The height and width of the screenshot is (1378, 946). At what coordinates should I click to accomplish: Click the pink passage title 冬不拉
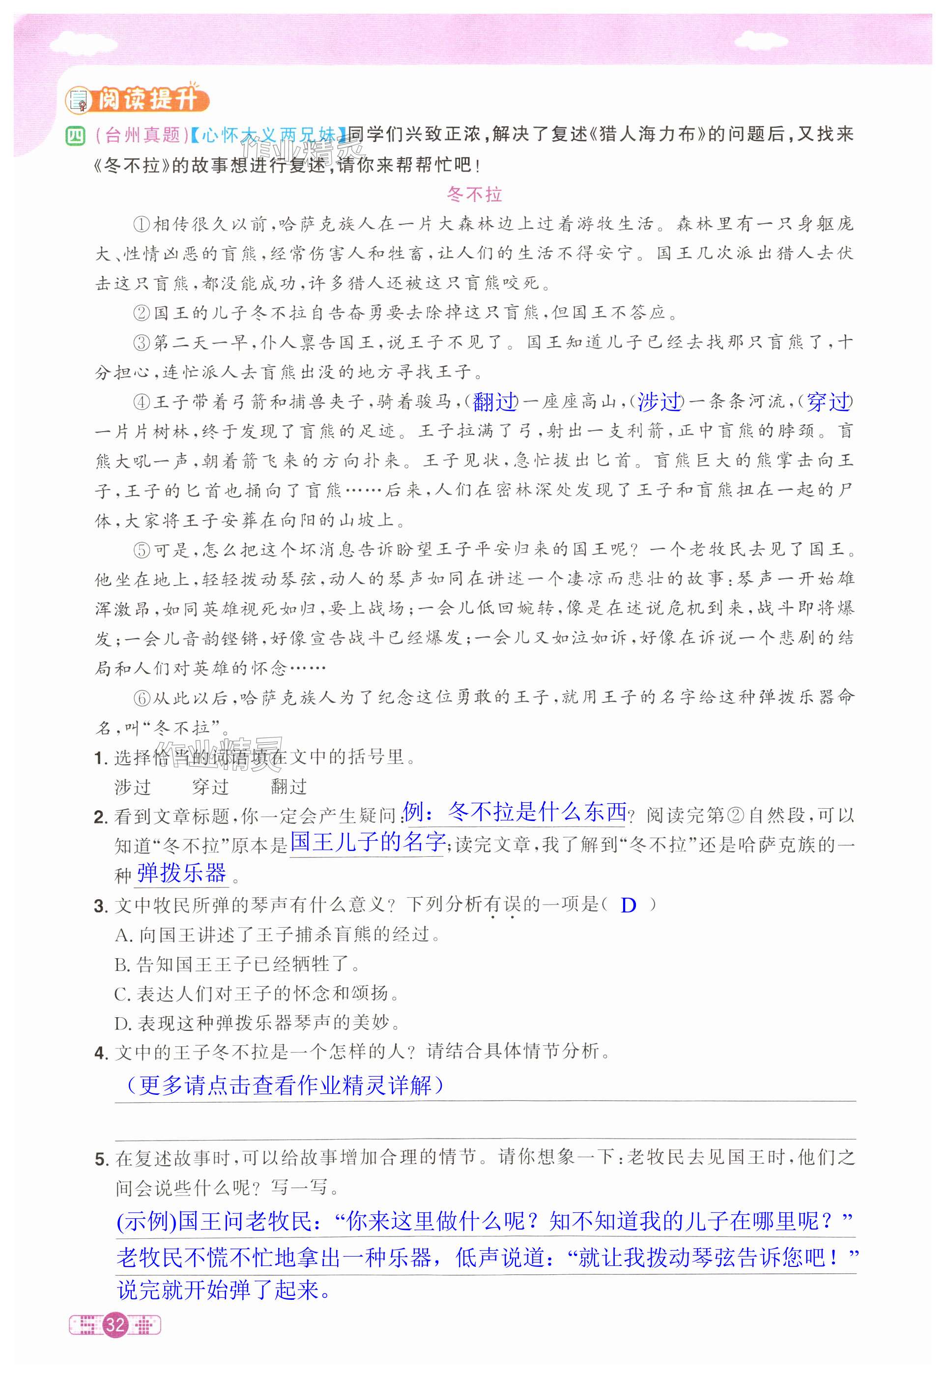[x=474, y=195]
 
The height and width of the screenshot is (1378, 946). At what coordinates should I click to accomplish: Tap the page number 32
[x=115, y=1324]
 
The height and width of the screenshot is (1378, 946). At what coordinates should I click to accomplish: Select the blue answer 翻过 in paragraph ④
[x=495, y=402]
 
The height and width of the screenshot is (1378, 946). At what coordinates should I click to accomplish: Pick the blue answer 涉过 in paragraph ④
[x=659, y=402]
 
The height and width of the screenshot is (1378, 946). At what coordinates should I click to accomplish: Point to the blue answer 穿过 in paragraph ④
[x=828, y=402]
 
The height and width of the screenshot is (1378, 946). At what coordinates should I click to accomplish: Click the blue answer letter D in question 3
[x=629, y=906]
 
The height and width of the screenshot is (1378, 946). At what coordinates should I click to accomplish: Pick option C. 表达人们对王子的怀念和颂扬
[x=257, y=993]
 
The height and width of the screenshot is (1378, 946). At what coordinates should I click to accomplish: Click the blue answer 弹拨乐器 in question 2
[x=181, y=873]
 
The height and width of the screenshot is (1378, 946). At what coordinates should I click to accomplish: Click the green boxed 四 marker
[x=76, y=135]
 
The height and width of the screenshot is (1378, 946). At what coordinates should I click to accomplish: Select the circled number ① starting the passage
[x=142, y=225]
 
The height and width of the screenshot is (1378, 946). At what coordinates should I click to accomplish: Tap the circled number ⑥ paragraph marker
[x=142, y=698]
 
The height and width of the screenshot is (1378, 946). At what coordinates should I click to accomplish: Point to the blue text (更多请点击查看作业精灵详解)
[x=285, y=1085]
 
